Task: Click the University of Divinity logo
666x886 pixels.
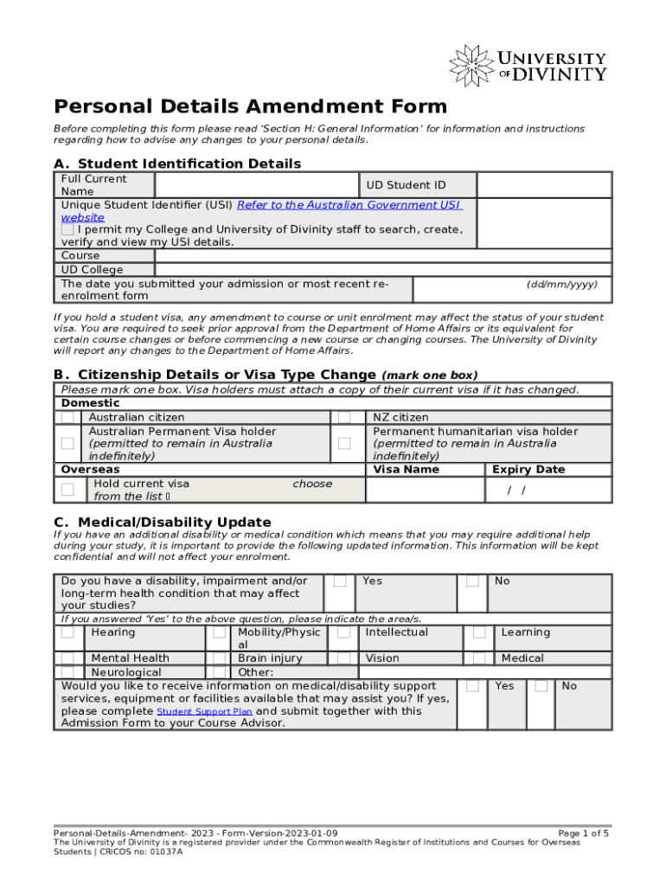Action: pyautogui.click(x=527, y=66)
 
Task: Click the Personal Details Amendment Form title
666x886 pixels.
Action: pyautogui.click(x=251, y=106)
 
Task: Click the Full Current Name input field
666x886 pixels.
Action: pyautogui.click(x=256, y=185)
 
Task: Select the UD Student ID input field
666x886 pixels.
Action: pyautogui.click(x=544, y=185)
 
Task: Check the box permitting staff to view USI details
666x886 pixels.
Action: pyautogui.click(x=67, y=230)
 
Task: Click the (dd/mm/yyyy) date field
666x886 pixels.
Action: pyautogui.click(x=512, y=290)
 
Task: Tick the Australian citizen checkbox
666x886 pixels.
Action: pyautogui.click(x=67, y=418)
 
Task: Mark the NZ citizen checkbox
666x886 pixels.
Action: pyautogui.click(x=343, y=418)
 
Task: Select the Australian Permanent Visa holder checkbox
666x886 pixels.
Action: pyautogui.click(x=67, y=443)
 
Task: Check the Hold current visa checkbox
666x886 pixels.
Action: pyautogui.click(x=67, y=490)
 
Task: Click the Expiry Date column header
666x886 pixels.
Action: pyautogui.click(x=528, y=470)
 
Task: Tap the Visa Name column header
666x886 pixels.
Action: pyautogui.click(x=406, y=470)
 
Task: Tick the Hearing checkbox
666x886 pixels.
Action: pyautogui.click(x=67, y=633)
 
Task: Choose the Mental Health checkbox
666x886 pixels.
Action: pyautogui.click(x=67, y=658)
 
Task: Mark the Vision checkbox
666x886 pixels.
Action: pyautogui.click(x=343, y=658)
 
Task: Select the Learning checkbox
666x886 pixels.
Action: pyautogui.click(x=478, y=633)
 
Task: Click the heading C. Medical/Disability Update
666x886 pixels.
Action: pyautogui.click(x=163, y=522)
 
